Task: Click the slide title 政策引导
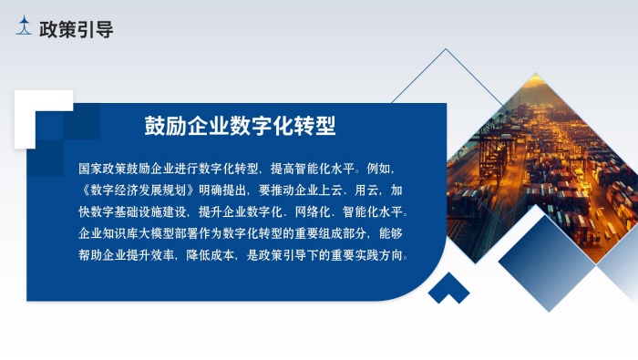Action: point(77,29)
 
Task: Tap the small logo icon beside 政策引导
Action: point(25,28)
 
